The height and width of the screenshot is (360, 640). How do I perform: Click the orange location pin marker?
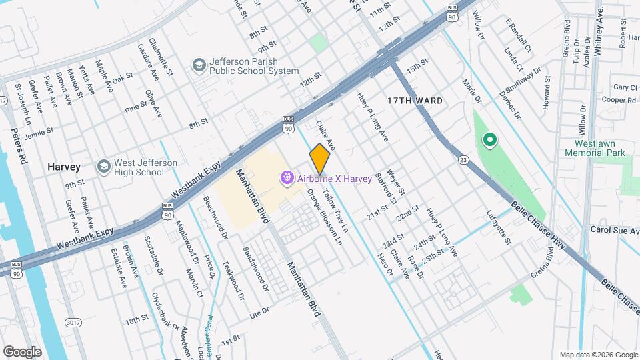click(320, 159)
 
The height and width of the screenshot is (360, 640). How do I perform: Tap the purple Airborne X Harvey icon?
click(287, 177)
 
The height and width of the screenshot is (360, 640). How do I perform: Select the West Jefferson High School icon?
click(103, 167)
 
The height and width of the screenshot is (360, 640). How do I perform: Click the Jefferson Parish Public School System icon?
click(199, 65)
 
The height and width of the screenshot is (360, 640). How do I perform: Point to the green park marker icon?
click(489, 140)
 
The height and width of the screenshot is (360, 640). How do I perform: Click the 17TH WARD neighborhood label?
click(415, 101)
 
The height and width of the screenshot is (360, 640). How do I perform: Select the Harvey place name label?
click(64, 166)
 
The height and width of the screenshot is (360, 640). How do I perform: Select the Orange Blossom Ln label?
click(319, 215)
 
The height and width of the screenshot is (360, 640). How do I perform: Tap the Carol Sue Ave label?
click(614, 231)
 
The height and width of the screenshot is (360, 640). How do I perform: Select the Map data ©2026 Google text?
click(597, 355)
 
